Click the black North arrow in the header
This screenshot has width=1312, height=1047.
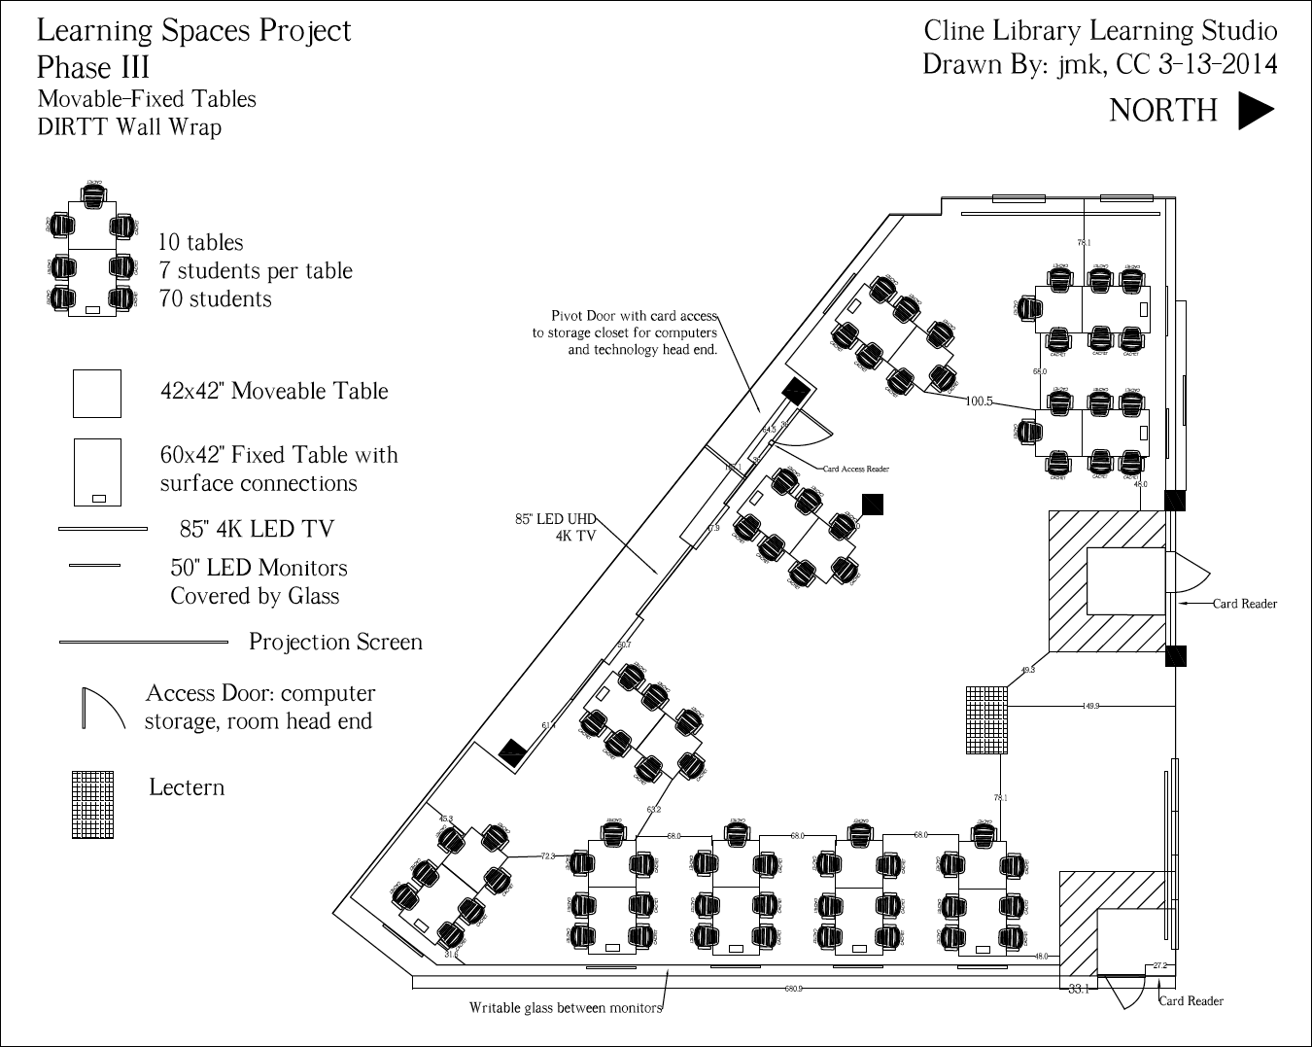pos(1255,111)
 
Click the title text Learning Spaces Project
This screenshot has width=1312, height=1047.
pos(193,31)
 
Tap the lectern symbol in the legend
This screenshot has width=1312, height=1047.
pos(92,805)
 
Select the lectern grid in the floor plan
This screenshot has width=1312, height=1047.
pos(986,719)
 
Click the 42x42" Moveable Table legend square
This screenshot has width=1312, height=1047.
pos(97,394)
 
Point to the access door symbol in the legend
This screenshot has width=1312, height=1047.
pos(103,709)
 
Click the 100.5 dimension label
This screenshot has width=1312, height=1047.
pos(979,401)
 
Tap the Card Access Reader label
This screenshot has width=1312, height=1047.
pos(855,469)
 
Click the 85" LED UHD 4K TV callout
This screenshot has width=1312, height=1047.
pos(555,527)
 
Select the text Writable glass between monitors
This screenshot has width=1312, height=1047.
pos(565,1008)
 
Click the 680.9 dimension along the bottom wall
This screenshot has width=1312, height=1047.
pos(794,989)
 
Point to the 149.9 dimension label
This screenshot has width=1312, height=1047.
pos(1090,706)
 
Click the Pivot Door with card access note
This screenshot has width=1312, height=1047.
pos(625,332)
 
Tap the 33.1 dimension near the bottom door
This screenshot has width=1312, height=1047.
pos(1079,990)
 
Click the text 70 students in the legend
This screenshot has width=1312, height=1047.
pos(216,299)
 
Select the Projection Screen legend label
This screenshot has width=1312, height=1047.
pos(335,642)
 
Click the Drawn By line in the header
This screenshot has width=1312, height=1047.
pos(1099,65)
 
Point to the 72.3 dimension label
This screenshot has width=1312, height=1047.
pos(548,856)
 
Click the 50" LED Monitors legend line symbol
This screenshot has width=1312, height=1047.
pos(94,565)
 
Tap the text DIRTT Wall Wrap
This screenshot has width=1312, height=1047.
pos(129,127)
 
